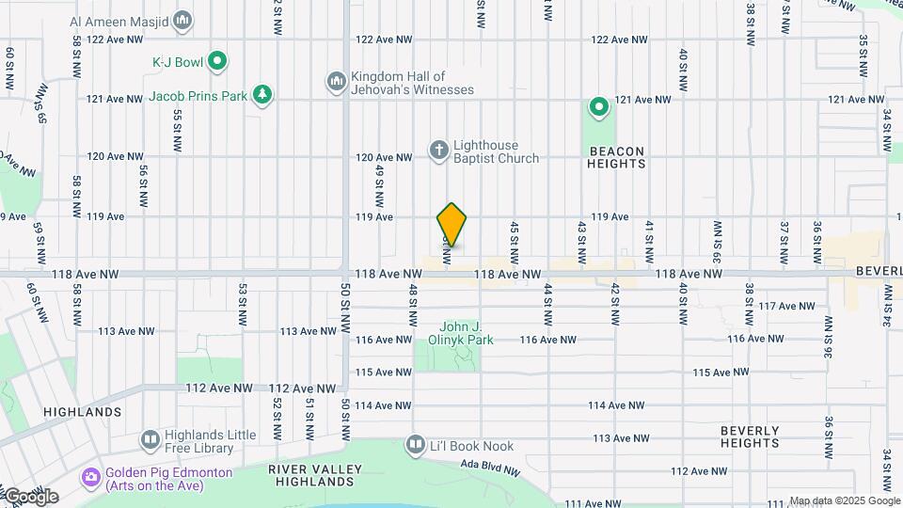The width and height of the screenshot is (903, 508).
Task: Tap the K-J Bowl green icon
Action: point(217,62)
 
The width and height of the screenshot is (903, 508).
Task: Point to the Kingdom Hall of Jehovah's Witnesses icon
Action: point(337,83)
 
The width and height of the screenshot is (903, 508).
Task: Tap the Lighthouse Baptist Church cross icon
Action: point(438,150)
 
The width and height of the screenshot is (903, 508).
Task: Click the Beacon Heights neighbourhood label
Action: point(617,157)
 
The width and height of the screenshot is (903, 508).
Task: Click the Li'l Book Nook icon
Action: point(416,443)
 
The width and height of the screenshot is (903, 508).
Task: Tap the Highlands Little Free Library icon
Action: point(150,439)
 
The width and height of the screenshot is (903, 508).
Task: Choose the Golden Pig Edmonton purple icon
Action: point(90,478)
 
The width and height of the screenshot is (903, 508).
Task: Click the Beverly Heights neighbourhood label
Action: point(750,437)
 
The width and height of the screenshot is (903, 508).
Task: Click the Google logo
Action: point(30,497)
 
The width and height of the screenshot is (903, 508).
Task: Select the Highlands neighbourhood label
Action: point(82,412)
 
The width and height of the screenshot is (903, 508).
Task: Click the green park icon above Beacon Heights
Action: point(596,107)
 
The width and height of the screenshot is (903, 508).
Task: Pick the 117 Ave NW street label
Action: point(786,306)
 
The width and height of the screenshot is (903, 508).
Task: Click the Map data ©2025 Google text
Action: point(845,501)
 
